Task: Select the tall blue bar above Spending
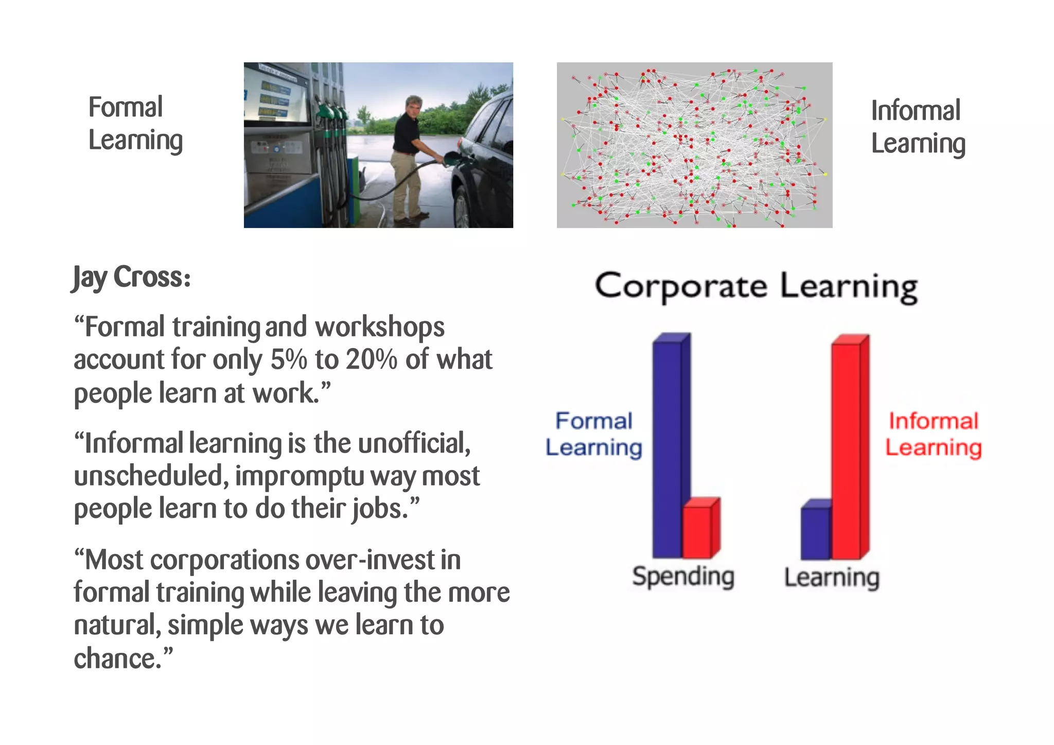tap(668, 448)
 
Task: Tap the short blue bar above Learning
tap(816, 532)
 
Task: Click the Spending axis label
tap(683, 576)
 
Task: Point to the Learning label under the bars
tap(832, 578)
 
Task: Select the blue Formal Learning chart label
tap(594, 434)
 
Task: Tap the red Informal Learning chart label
tap(934, 434)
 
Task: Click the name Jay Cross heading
tap(132, 278)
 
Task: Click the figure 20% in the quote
tap(372, 359)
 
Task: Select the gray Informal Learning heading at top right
tap(918, 127)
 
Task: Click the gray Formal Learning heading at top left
tap(135, 124)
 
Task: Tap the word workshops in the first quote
tap(379, 327)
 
